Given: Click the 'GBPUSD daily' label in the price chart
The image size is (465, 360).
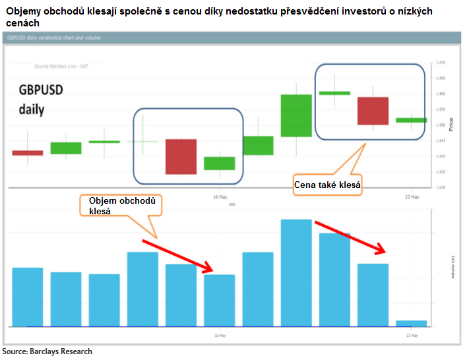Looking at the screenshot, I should [40, 100].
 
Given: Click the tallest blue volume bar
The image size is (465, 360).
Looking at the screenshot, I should [296, 272].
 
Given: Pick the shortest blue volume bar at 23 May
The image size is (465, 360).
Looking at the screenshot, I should [411, 323].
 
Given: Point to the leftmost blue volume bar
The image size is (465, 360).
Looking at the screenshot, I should [28, 297].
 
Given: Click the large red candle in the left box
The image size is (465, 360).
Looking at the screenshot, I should [181, 156].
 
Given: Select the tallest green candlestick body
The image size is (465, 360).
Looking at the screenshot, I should [296, 115].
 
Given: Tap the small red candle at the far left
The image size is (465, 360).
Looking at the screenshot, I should [28, 153].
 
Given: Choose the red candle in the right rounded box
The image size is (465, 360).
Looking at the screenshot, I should [373, 111].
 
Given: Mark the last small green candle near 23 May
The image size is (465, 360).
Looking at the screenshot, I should [411, 120].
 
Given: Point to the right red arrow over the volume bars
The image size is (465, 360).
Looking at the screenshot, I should [350, 238].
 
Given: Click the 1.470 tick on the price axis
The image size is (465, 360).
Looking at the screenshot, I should [441, 63].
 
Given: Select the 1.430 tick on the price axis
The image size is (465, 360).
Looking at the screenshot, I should [441, 188].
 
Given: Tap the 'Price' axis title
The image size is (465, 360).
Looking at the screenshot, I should [450, 125].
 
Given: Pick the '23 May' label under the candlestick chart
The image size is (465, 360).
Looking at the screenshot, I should [411, 196].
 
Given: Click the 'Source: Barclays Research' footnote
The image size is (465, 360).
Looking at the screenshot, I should [47, 351].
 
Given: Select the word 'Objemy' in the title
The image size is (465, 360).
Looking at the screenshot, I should [26, 12].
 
